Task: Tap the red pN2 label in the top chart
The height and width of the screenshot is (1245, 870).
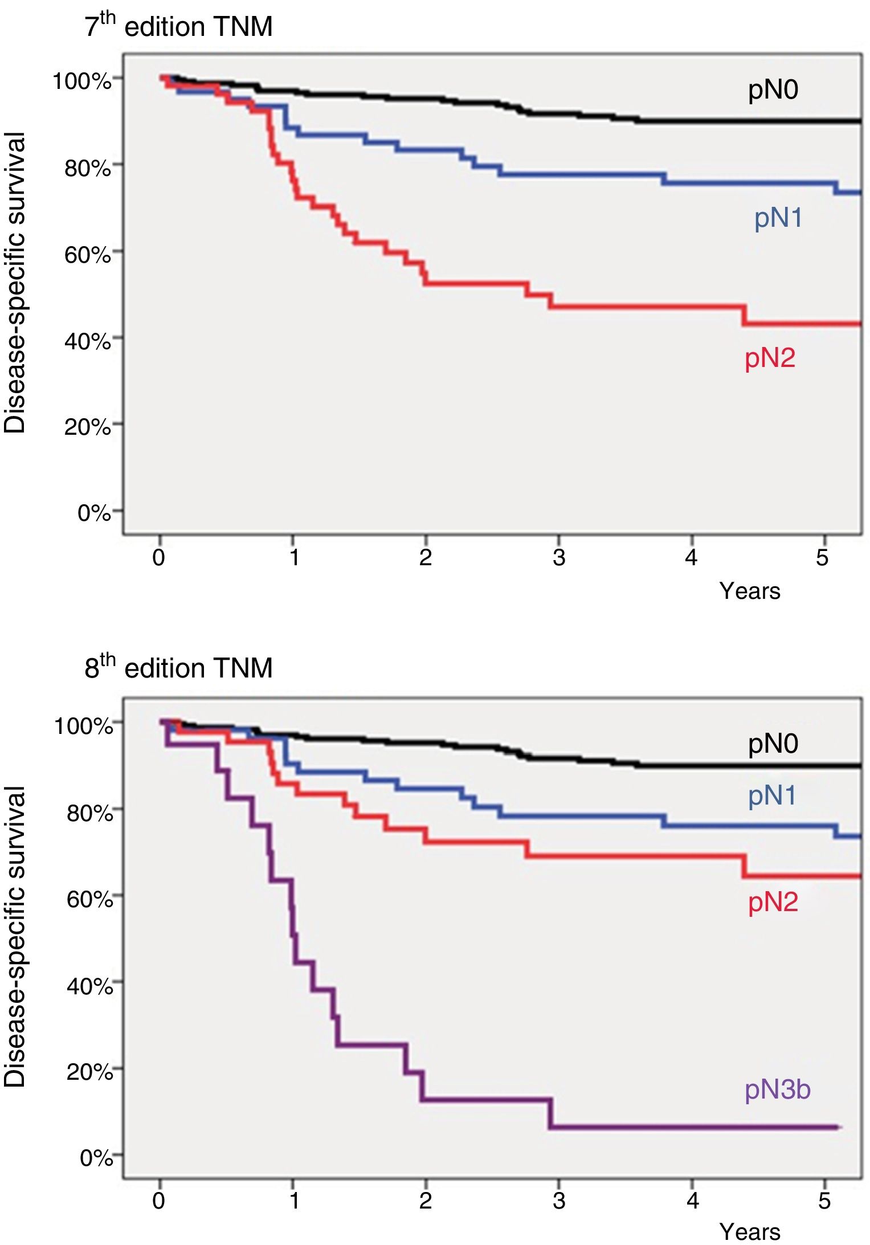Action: tap(770, 358)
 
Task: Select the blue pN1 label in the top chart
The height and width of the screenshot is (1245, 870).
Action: tap(778, 218)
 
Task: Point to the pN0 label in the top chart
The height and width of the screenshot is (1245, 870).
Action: tap(773, 90)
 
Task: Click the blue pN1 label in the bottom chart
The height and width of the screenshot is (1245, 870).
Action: tap(772, 796)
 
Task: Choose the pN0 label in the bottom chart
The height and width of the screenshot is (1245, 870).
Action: tap(773, 744)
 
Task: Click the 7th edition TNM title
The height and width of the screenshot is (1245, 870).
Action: tap(178, 26)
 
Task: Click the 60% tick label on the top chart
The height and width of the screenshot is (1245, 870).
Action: tap(87, 254)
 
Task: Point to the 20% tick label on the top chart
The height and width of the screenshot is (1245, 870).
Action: tap(87, 427)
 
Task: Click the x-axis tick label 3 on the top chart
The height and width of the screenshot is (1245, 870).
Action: tap(559, 557)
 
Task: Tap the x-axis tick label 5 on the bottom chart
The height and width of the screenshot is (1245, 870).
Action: tap(824, 1201)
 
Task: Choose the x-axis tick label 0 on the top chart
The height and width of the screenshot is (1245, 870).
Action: tap(159, 557)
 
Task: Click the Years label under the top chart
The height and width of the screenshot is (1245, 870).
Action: tap(749, 591)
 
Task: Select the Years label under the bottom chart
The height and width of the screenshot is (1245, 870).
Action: tap(749, 1232)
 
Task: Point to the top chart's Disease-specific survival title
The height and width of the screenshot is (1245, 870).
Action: tap(15, 283)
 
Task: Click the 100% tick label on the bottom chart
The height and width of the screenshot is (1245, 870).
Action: tap(83, 726)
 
